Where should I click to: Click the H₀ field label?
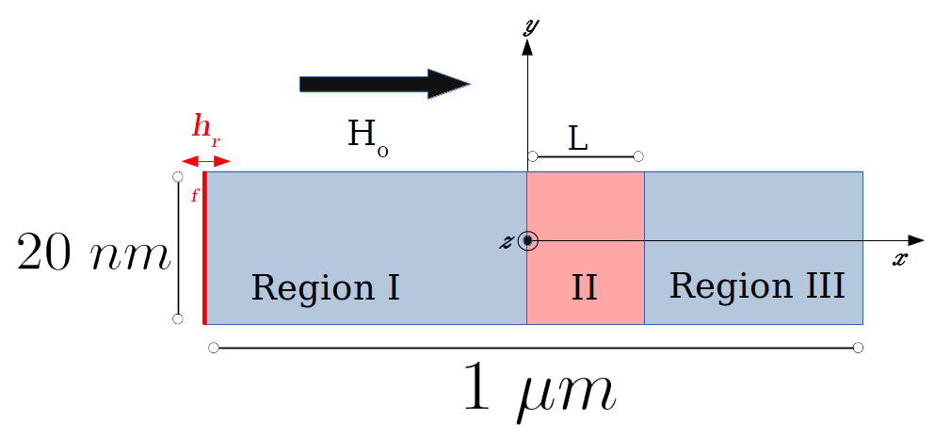[368, 138]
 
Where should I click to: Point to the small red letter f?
[195, 196]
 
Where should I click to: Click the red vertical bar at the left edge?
[204, 248]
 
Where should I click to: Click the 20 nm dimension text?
[91, 253]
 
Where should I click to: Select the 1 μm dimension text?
[540, 392]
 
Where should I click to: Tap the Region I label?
[325, 287]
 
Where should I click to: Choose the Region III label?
[756, 285]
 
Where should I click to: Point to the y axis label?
[530, 25]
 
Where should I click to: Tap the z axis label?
[506, 242]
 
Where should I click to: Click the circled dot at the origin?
[528, 241]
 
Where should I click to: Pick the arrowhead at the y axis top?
[527, 49]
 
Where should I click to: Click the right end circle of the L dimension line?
[637, 155]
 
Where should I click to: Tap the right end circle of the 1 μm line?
[858, 349]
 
